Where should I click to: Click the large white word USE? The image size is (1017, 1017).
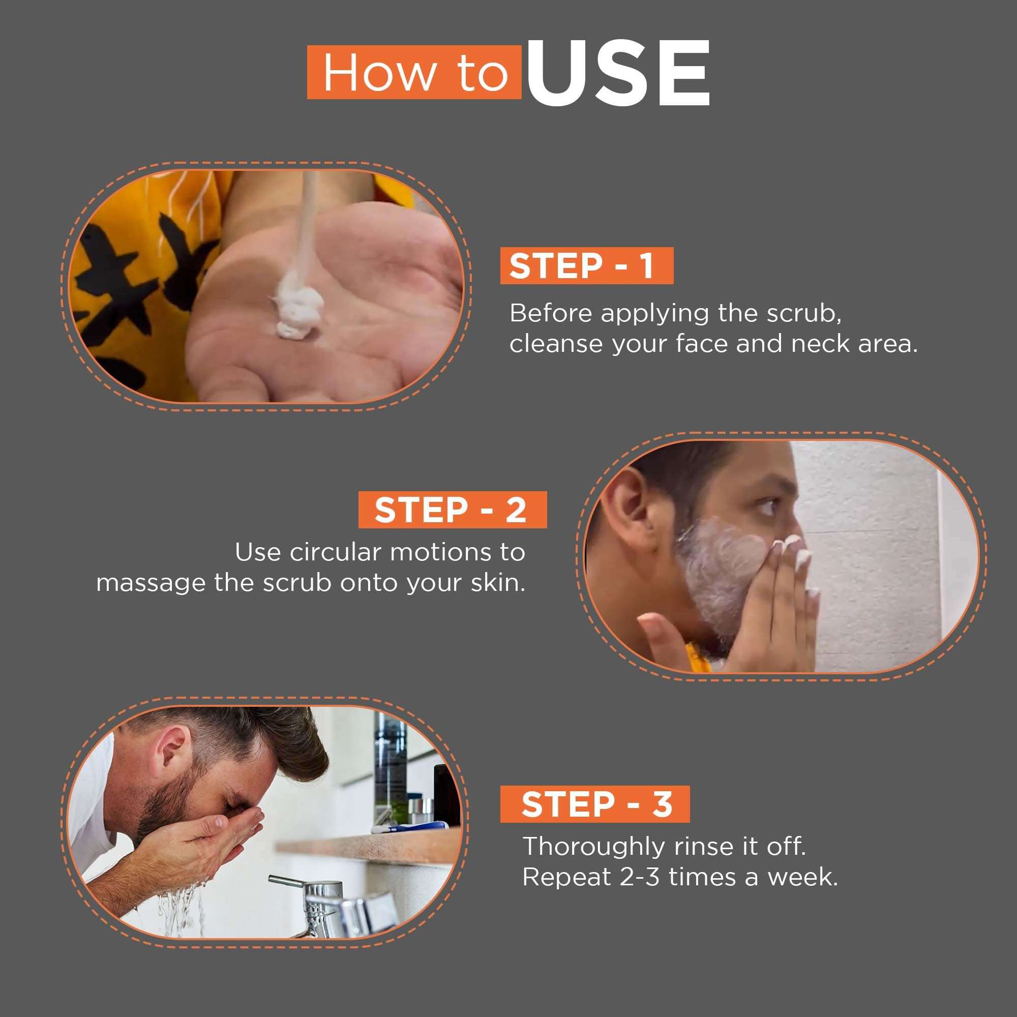click(x=618, y=73)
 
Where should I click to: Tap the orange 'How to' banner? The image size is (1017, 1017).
click(x=414, y=72)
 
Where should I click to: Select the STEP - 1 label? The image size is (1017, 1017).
click(x=586, y=265)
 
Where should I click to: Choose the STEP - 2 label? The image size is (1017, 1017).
click(x=452, y=510)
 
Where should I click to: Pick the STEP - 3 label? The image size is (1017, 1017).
click(x=595, y=804)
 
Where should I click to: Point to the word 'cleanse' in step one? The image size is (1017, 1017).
click(x=556, y=344)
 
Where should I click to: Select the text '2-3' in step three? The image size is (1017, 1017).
click(x=640, y=877)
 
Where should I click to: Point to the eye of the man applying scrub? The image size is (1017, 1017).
click(x=767, y=506)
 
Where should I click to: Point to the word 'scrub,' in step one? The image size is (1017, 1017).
click(x=804, y=313)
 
